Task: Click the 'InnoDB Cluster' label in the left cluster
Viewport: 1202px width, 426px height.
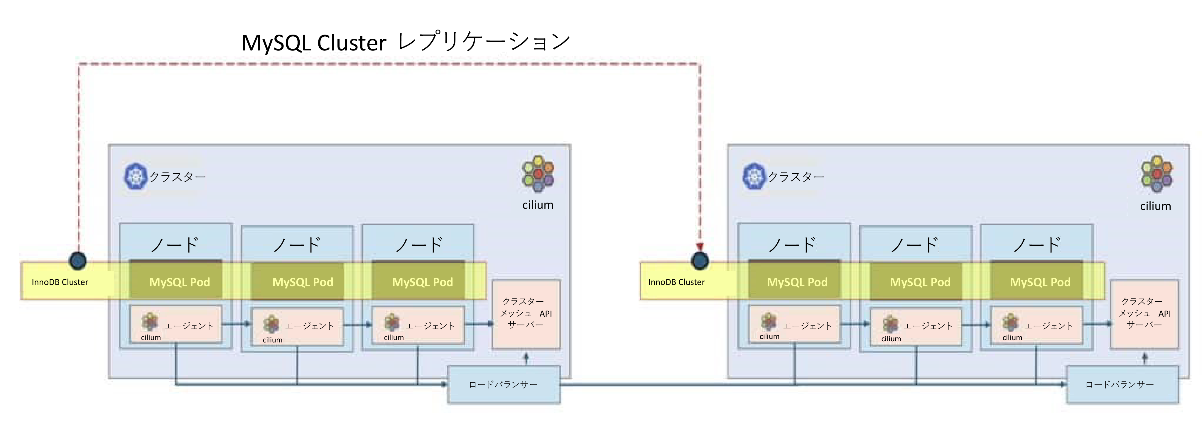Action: click(x=60, y=282)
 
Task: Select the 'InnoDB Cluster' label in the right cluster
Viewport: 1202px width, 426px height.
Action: click(x=676, y=282)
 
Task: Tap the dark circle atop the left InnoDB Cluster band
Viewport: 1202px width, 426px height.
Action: click(x=77, y=261)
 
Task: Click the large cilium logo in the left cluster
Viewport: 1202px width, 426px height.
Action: click(x=538, y=173)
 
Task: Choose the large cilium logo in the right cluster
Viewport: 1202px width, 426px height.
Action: click(x=1156, y=173)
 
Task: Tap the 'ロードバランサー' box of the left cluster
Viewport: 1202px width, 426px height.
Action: click(x=504, y=385)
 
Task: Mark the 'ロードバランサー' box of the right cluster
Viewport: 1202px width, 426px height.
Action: click(x=1122, y=385)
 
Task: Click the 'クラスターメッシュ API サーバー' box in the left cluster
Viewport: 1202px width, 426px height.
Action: click(x=526, y=314)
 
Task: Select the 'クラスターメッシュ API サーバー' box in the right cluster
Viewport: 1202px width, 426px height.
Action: click(x=1144, y=314)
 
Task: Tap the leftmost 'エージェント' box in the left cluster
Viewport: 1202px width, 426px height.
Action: click(x=176, y=325)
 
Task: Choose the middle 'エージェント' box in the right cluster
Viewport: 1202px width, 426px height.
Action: click(x=916, y=326)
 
